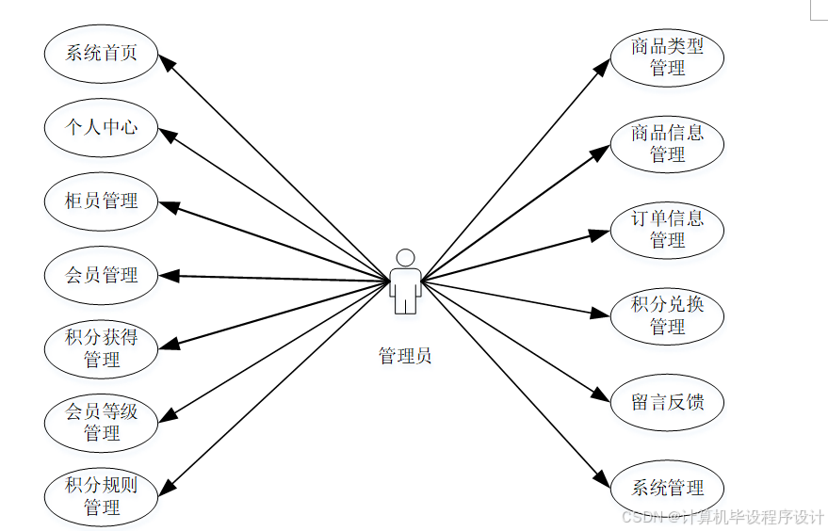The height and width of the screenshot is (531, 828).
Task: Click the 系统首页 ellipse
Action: [101, 53]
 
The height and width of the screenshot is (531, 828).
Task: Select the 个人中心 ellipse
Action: [101, 127]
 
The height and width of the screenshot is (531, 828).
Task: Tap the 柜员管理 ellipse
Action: [101, 201]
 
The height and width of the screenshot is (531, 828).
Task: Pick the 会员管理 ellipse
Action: [101, 275]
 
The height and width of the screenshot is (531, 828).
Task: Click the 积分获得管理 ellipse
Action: [101, 348]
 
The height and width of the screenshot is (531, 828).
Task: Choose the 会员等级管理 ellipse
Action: [101, 423]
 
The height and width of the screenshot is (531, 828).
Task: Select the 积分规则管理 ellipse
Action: [101, 497]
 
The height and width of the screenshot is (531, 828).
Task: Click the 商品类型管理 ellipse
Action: [667, 57]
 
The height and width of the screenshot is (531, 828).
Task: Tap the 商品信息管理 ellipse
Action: [667, 143]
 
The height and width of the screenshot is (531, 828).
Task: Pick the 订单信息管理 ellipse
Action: [667, 230]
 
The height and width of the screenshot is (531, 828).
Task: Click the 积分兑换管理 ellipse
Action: [667, 316]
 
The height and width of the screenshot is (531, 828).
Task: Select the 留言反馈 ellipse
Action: [667, 403]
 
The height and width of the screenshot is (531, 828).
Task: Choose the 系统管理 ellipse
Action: [667, 488]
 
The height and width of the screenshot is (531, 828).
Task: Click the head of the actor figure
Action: [405, 257]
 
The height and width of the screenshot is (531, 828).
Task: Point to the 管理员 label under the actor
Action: [405, 357]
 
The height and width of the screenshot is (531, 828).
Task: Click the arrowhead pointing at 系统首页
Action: [164, 61]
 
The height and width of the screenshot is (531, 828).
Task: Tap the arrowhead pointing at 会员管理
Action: [166, 276]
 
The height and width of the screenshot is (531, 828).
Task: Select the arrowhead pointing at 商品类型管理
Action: [605, 66]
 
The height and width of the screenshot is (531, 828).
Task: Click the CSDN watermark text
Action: [723, 517]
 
